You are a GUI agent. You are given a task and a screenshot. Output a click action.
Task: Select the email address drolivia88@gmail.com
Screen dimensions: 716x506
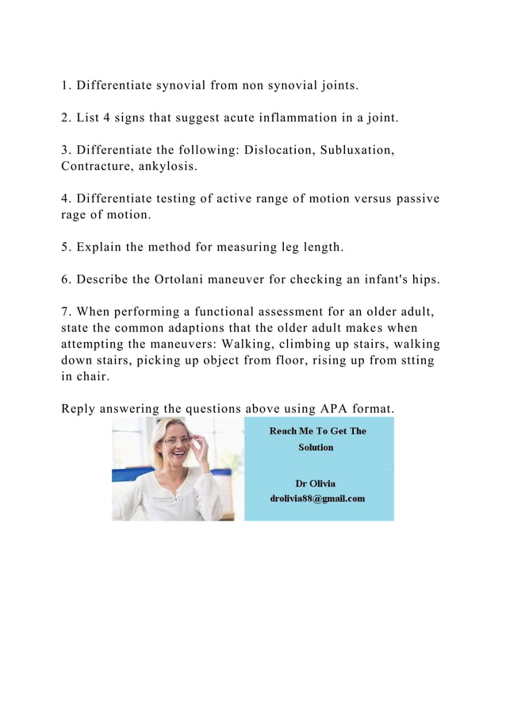click(x=317, y=499)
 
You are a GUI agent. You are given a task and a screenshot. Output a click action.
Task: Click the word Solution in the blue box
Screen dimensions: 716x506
click(x=316, y=447)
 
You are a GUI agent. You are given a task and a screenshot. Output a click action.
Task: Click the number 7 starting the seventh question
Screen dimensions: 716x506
click(x=65, y=312)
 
